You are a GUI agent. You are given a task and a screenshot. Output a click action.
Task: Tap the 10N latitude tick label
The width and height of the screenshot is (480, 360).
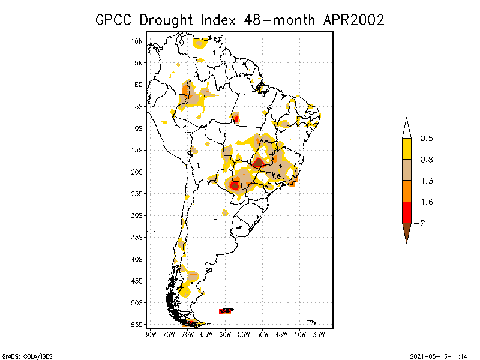click(137, 41)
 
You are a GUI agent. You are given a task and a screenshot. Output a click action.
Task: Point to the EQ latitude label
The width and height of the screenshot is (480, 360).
click(139, 85)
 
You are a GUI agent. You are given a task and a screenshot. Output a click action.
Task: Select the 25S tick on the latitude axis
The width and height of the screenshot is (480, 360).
click(137, 193)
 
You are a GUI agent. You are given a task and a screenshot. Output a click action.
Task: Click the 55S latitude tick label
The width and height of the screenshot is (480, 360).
click(137, 324)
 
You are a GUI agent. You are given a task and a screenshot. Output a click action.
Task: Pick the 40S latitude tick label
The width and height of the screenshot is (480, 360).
click(137, 259)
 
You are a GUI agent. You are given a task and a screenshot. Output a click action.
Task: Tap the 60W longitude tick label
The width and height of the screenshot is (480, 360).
click(225, 334)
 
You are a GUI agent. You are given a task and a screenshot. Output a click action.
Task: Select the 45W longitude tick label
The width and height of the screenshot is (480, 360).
click(281, 334)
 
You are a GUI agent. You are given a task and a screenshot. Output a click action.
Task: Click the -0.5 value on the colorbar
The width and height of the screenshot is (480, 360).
click(427, 139)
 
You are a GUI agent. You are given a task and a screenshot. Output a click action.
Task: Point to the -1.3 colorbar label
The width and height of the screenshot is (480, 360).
click(427, 181)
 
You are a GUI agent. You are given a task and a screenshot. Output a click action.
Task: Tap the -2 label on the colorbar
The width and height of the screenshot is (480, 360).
click(424, 223)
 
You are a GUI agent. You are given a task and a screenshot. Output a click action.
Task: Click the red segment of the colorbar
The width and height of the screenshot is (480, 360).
click(406, 212)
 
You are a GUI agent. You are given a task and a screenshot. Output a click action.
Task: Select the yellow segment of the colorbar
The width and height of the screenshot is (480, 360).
click(406, 149)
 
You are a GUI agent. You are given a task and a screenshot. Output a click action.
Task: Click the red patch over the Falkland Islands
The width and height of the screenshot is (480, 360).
click(226, 310)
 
